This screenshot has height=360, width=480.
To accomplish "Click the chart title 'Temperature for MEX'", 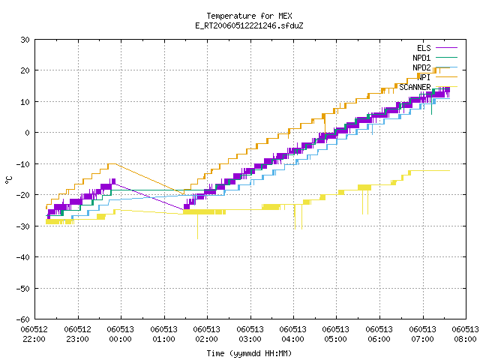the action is (249, 16).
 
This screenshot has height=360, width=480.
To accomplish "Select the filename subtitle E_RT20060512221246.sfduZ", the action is (249, 25).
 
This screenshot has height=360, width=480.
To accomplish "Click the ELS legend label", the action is (424, 48).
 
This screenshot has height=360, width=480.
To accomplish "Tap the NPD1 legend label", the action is (421, 58).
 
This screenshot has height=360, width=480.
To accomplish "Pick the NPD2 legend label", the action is (421, 67).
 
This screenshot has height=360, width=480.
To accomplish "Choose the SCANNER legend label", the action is (415, 87).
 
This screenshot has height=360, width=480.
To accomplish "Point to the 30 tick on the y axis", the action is (25, 40).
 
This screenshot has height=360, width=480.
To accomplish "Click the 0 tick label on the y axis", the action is (28, 133).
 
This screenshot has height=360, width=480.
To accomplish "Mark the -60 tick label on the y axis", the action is (23, 319).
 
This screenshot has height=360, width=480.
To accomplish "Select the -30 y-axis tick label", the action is (23, 226).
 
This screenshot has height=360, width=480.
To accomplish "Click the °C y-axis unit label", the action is (8, 180).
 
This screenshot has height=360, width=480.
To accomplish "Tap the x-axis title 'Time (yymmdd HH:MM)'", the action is (249, 353).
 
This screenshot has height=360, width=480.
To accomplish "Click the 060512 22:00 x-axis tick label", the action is (34, 334).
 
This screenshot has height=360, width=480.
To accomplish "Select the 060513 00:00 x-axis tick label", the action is (121, 334).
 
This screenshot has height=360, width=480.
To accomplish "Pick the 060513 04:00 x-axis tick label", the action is (293, 334).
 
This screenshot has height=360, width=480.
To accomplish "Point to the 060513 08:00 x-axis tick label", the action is (465, 334).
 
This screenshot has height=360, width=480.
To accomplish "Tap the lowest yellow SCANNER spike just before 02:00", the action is (197, 238).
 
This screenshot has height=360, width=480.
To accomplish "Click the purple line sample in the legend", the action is (447, 48).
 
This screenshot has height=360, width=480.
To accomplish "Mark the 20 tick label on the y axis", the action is (25, 70).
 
